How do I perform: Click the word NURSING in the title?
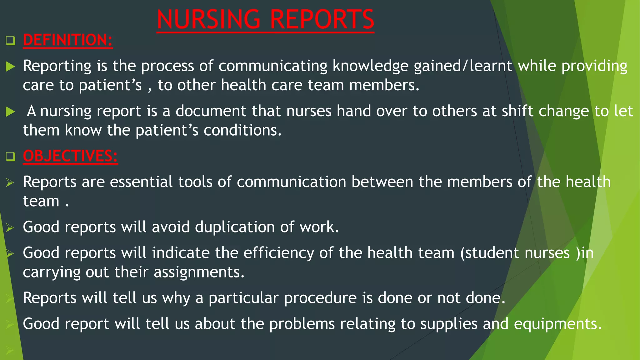(x=208, y=19)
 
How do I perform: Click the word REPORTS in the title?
(x=322, y=19)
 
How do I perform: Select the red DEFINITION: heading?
(x=68, y=40)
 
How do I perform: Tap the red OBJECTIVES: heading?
(x=70, y=156)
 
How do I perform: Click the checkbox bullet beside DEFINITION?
(x=10, y=41)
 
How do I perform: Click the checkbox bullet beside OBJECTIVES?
(x=10, y=156)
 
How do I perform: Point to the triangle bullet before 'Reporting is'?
(x=10, y=66)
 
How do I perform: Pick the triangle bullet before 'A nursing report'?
(x=10, y=112)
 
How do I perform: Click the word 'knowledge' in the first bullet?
(x=370, y=66)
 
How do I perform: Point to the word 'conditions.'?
(x=243, y=130)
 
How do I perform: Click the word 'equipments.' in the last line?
(x=558, y=324)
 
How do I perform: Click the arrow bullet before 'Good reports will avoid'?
(x=10, y=227)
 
